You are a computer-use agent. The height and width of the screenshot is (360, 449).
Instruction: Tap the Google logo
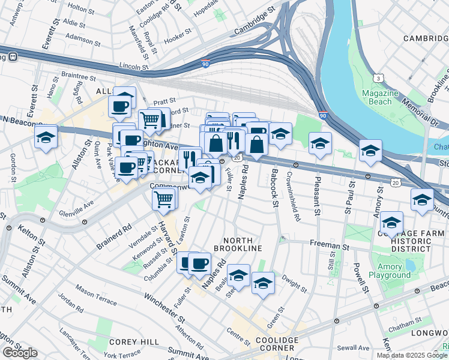(x=20, y=353)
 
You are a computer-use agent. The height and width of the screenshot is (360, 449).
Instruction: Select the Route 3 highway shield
(x=378, y=79)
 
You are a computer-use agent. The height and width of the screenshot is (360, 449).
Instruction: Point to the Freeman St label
(x=328, y=245)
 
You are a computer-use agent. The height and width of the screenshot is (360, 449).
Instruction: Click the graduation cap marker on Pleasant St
(x=321, y=143)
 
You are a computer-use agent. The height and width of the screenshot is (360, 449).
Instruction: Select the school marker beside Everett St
(x=46, y=137)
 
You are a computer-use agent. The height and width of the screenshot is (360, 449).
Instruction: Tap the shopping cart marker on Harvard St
(x=164, y=198)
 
